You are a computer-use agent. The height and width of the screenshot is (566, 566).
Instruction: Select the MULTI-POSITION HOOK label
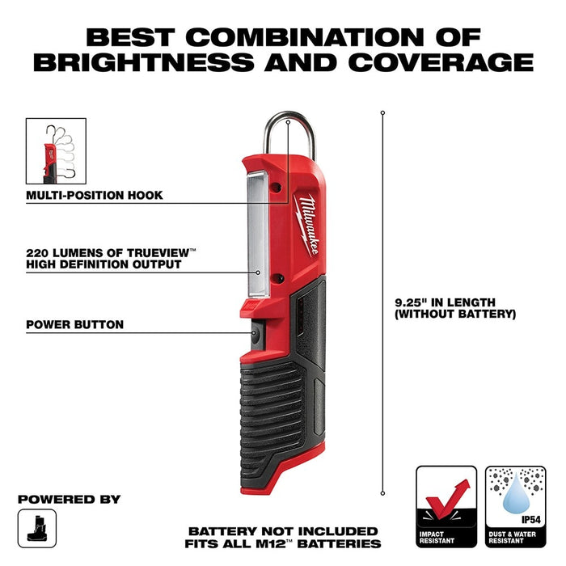click(95, 195)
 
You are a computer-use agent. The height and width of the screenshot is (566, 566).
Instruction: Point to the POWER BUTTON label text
click(74, 324)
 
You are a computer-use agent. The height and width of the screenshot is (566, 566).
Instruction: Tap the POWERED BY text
click(69, 499)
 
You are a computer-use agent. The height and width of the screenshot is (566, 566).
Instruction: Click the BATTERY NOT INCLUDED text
click(283, 531)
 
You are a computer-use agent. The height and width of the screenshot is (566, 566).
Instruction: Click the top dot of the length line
click(382, 112)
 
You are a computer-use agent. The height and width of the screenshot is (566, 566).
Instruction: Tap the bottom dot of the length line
click(382, 492)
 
